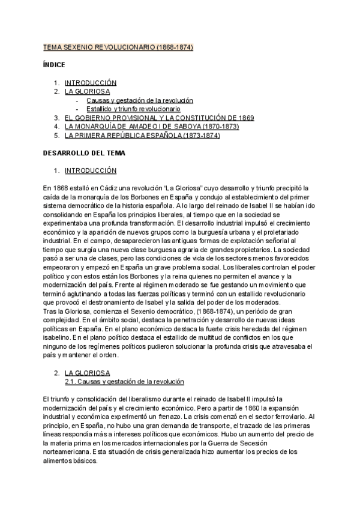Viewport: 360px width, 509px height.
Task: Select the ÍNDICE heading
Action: [55, 64]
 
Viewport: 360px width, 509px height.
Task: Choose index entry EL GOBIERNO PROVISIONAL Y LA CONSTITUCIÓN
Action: [160, 118]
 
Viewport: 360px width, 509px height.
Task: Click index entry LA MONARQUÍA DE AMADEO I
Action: [143, 127]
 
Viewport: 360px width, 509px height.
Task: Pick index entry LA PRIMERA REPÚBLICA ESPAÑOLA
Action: [142, 136]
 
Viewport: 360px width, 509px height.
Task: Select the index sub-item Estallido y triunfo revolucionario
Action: [133, 109]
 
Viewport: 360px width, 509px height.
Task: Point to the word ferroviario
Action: [290, 416]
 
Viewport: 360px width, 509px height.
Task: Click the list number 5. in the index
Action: [56, 136]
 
